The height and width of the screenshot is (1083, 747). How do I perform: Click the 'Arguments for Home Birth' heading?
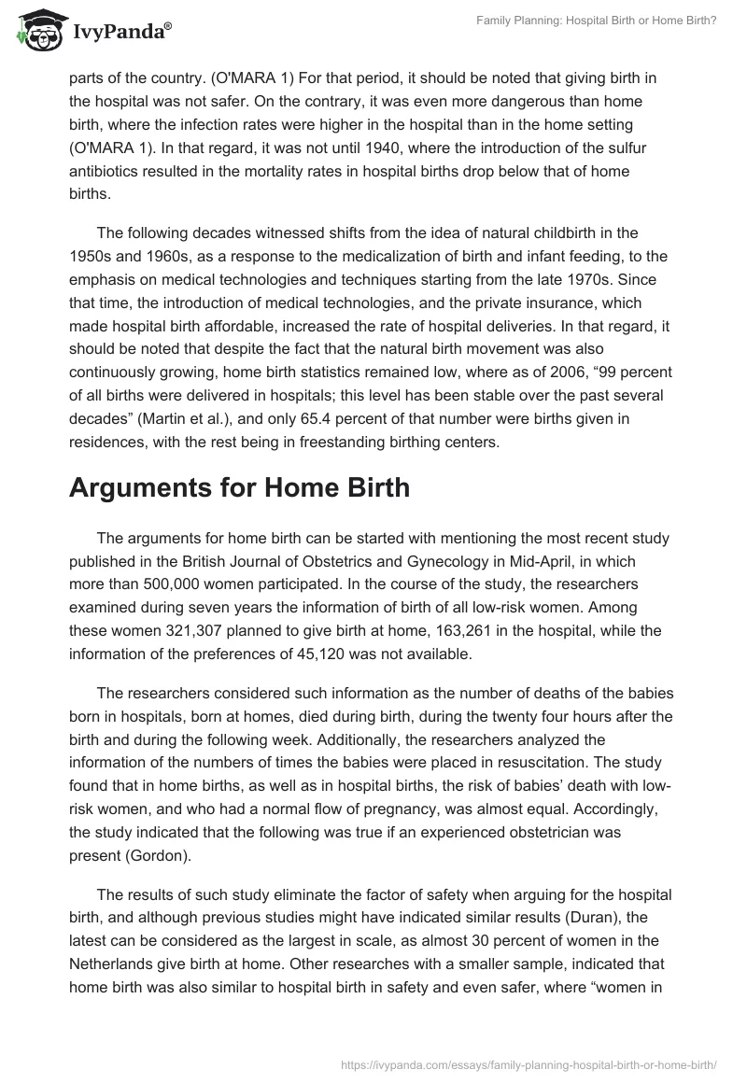tap(239, 488)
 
